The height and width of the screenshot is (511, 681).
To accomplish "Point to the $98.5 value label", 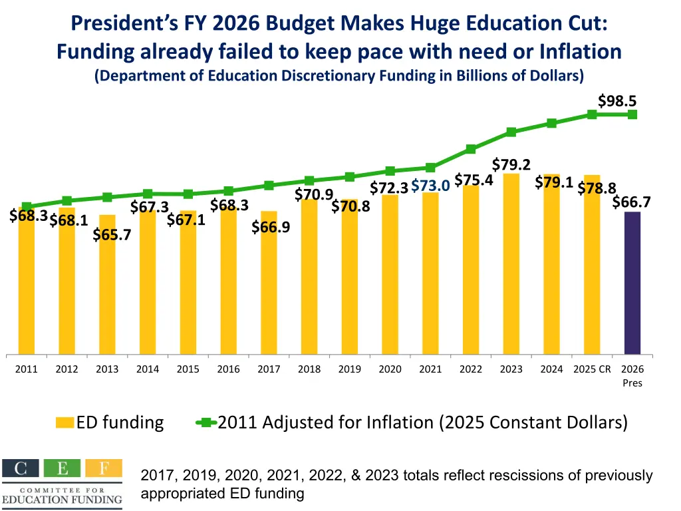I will pyautogui.click(x=617, y=101).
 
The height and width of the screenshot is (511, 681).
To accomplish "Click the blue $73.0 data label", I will pyautogui.click(x=431, y=186).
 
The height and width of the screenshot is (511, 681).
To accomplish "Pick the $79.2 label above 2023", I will pyautogui.click(x=511, y=164).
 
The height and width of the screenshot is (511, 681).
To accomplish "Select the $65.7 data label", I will pyautogui.click(x=112, y=234).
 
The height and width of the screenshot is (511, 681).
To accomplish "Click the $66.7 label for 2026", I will pyautogui.click(x=631, y=202).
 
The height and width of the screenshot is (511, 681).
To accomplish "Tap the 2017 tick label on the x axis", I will pyautogui.click(x=269, y=369).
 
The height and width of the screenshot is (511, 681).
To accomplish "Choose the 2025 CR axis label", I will pyautogui.click(x=592, y=369).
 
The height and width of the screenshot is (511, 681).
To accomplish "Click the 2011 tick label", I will pyautogui.click(x=27, y=369).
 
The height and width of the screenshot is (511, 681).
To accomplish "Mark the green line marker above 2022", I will pyautogui.click(x=471, y=149).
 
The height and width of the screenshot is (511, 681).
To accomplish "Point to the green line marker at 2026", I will pyautogui.click(x=632, y=114).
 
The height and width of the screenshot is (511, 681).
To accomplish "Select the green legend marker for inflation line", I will pyautogui.click(x=205, y=422).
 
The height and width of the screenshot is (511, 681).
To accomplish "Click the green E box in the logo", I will pyautogui.click(x=63, y=468).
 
